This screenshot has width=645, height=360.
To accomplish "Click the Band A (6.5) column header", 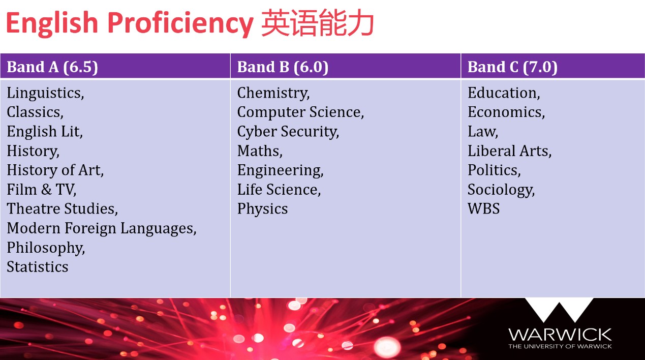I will pyautogui.click(x=52, y=67).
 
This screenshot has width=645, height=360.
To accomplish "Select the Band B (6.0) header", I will pyautogui.click(x=283, y=67).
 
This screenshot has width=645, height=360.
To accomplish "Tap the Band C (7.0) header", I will pyautogui.click(x=512, y=67).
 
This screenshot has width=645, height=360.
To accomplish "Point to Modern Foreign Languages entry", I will pyautogui.click(x=102, y=228).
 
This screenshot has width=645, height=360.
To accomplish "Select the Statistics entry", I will pyautogui.click(x=38, y=267).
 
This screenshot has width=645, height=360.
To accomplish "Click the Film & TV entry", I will pyautogui.click(x=42, y=190).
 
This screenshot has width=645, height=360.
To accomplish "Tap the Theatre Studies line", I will pyautogui.click(x=62, y=209).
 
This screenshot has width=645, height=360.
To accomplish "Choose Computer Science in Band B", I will pyautogui.click(x=300, y=112).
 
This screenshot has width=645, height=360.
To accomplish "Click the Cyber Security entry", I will pyautogui.click(x=288, y=132).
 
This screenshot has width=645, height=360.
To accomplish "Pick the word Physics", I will pyautogui.click(x=262, y=209).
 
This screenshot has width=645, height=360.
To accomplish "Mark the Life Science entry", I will pyautogui.click(x=279, y=190).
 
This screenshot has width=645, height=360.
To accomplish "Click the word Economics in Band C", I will pyautogui.click(x=506, y=112).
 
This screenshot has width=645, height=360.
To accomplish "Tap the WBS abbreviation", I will pyautogui.click(x=483, y=209).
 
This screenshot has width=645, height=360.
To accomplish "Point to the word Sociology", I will pyautogui.click(x=501, y=190).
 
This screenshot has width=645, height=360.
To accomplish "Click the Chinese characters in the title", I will pyautogui.click(x=318, y=24).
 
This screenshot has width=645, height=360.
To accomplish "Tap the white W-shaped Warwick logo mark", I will pyautogui.click(x=559, y=310).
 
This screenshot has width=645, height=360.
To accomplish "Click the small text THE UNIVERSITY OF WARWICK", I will pyautogui.click(x=560, y=346).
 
